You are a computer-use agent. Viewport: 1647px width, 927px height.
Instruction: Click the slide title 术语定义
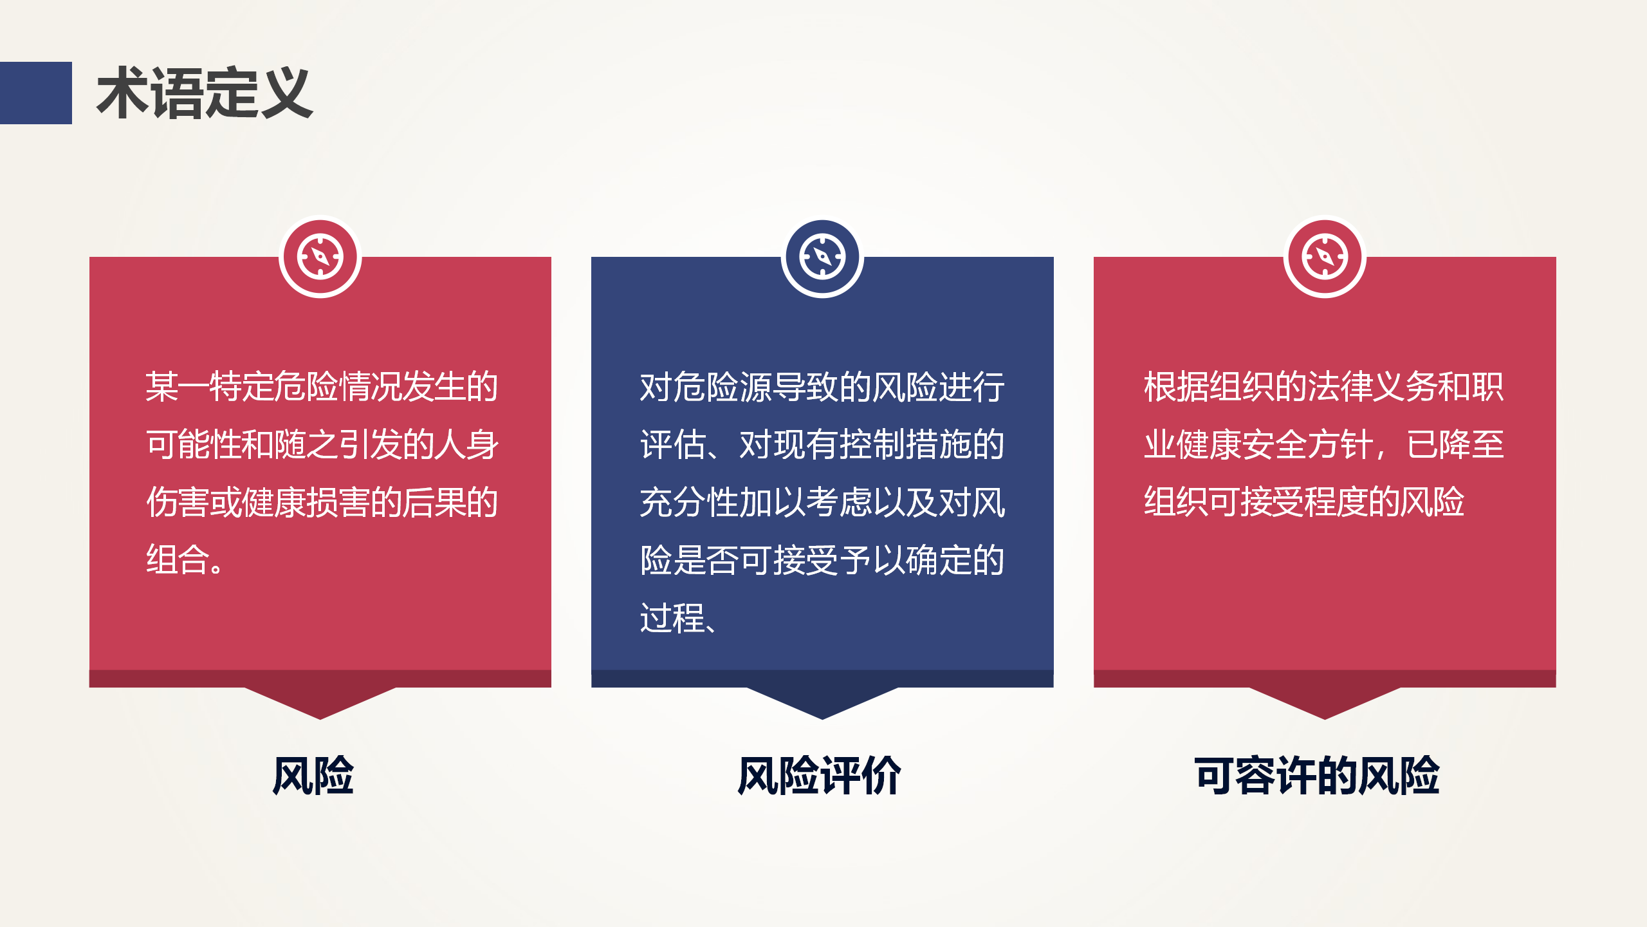[x=205, y=93]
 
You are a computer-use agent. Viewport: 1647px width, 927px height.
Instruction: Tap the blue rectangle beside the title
[x=36, y=93]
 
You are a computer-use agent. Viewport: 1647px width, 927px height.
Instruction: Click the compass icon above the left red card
[x=320, y=257]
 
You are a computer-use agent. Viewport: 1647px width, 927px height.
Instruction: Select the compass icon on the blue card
[x=822, y=257]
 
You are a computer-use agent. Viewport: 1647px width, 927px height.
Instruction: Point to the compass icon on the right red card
[x=1325, y=257]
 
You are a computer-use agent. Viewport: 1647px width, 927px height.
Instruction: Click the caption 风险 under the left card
[x=313, y=776]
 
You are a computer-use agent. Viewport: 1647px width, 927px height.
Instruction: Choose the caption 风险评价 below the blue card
[x=819, y=776]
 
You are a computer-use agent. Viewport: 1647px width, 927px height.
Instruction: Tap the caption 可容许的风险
[x=1317, y=776]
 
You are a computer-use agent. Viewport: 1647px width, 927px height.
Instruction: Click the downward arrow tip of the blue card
[x=822, y=719]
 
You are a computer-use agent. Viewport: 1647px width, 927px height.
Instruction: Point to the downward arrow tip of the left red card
[x=320, y=719]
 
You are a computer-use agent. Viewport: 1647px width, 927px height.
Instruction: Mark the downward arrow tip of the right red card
[x=1325, y=719]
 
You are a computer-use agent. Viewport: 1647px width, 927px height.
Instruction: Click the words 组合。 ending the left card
[x=185, y=559]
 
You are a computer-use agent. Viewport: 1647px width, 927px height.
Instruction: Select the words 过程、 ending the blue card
[x=678, y=617]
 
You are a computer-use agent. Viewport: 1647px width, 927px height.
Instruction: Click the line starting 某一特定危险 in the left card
[x=322, y=386]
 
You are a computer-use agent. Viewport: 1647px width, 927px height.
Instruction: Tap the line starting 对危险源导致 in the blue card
[x=822, y=386]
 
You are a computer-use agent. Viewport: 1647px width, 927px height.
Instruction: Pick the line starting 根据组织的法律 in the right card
[x=1324, y=386]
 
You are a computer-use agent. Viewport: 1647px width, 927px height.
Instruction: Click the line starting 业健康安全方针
[x=1324, y=444]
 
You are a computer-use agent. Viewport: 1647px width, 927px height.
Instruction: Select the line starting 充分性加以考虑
[x=822, y=502]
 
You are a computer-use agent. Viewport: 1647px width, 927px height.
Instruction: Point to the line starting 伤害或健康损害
[x=322, y=502]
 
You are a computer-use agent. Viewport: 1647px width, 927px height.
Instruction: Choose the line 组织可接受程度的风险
[x=1304, y=502]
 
